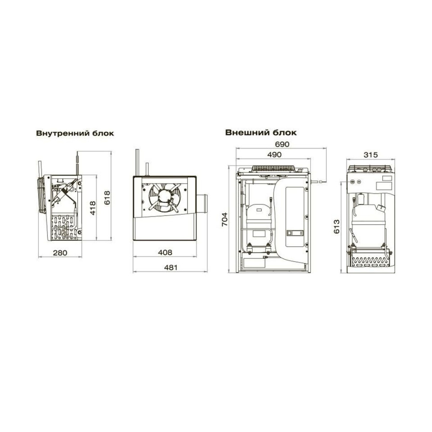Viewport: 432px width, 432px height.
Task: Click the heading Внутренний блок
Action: click(x=75, y=133)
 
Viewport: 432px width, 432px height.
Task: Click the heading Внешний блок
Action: click(x=261, y=133)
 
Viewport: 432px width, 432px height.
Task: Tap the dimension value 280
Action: click(x=60, y=253)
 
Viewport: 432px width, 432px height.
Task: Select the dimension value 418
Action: click(x=92, y=208)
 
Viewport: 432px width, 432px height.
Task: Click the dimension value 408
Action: click(x=165, y=252)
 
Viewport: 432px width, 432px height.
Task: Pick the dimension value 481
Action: click(x=171, y=267)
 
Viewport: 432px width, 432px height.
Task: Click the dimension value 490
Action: click(x=274, y=155)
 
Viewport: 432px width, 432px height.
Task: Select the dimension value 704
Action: click(x=225, y=219)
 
